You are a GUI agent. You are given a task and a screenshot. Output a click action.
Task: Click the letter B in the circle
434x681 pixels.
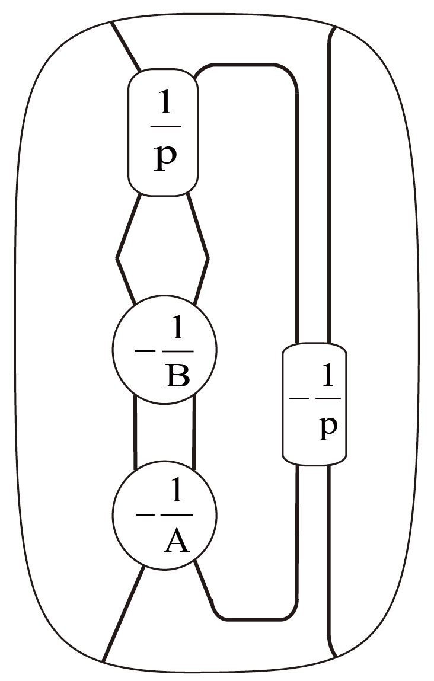177,376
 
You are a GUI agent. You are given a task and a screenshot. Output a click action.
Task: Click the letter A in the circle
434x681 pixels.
177,541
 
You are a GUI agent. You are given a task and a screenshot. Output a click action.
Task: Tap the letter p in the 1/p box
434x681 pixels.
165,158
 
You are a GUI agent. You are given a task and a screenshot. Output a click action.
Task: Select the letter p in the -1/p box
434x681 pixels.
327,429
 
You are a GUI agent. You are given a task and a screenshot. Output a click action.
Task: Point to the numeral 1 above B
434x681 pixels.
177,333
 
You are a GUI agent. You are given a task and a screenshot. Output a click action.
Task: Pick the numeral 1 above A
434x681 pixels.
177,492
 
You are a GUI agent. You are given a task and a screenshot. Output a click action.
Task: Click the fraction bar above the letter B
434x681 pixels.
177,351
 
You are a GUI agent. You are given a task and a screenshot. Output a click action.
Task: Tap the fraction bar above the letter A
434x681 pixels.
177,514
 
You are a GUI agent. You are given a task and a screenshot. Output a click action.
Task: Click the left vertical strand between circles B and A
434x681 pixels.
136,431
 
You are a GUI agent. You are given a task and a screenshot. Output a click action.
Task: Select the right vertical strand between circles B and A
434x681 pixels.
194,431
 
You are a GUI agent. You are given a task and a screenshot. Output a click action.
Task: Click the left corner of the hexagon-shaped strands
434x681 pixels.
117,258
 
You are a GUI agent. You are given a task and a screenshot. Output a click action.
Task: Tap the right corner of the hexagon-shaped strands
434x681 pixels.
208,258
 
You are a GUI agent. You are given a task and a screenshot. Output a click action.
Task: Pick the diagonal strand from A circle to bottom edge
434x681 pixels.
123,613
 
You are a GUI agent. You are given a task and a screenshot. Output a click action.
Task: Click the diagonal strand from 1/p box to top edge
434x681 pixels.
126,47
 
